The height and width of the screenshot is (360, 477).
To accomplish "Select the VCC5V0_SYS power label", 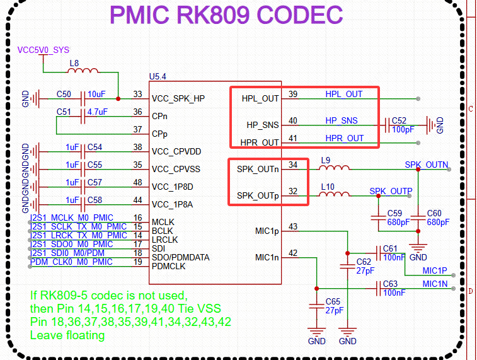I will pyautogui.click(x=43, y=49).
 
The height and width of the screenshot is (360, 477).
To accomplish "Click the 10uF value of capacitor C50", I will pyautogui.click(x=96, y=95).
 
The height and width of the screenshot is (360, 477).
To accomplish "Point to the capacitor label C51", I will pyautogui.click(x=64, y=112).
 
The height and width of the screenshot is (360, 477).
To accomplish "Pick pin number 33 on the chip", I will pyautogui.click(x=137, y=95).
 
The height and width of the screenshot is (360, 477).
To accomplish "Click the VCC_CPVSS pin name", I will pyautogui.click(x=176, y=170).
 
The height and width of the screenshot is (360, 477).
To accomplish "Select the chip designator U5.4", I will pyautogui.click(x=158, y=76).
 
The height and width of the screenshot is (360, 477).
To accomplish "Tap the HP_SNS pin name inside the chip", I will pyautogui.click(x=262, y=125).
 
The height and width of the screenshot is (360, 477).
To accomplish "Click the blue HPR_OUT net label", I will pyautogui.click(x=345, y=138).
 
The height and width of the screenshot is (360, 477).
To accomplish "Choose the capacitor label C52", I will pyautogui.click(x=399, y=120).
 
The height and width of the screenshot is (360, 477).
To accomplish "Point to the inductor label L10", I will pyautogui.click(x=327, y=187).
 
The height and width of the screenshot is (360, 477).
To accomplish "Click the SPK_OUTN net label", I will pyautogui.click(x=427, y=165).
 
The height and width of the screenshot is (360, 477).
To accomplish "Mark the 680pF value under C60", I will pyautogui.click(x=438, y=223).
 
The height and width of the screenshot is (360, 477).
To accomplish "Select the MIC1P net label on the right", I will pyautogui.click(x=435, y=270).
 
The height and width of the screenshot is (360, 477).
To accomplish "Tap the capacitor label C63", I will pyautogui.click(x=390, y=284).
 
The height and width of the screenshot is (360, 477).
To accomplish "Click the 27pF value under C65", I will pyautogui.click(x=334, y=311).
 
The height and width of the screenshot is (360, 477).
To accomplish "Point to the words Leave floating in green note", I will pyautogui.click(x=67, y=335).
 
